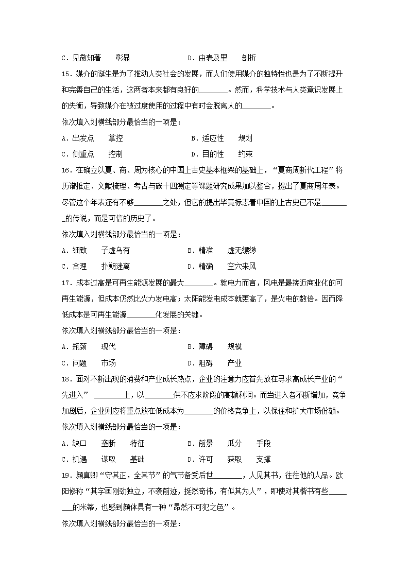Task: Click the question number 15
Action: tap(66, 74)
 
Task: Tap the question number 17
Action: tap(66, 283)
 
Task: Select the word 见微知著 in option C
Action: tap(86, 58)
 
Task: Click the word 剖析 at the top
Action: tap(249, 58)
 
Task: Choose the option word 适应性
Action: tap(213, 138)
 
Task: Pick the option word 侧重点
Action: tap(83, 154)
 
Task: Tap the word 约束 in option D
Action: tap(245, 154)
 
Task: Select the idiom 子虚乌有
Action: tap(115, 250)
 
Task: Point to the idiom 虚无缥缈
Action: tap(242, 250)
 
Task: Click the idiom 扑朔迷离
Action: tap(115, 266)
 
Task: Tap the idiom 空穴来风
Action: tap(242, 266)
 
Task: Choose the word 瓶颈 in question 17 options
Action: tap(79, 347)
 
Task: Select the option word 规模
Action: tap(234, 347)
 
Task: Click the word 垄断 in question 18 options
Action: tap(108, 443)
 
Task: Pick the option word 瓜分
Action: tap(234, 443)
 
